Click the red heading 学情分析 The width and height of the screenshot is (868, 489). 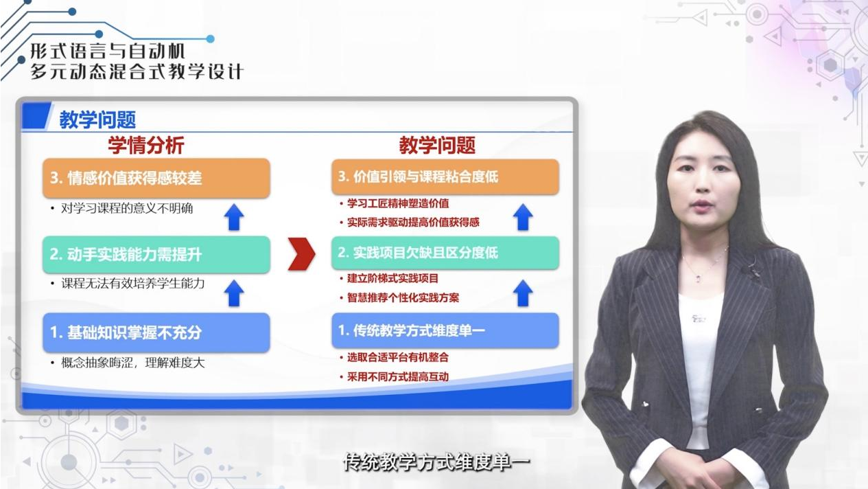point(145,145)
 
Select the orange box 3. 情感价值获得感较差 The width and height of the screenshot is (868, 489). point(156,178)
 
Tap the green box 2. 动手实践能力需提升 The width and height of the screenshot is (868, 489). point(156,254)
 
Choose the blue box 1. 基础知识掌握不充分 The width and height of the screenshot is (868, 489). point(156,332)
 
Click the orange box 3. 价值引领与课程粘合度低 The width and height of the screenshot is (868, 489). point(445,177)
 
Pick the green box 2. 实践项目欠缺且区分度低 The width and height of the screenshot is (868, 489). point(445,253)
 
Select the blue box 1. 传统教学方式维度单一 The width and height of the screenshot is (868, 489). point(445,330)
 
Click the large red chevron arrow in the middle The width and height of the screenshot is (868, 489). point(301,254)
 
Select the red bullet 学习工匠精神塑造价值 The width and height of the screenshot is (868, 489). point(398,203)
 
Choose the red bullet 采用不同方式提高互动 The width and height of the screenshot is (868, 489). point(398,376)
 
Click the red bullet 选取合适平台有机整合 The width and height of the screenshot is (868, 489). point(398,357)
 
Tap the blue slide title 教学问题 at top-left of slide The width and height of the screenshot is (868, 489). point(97,120)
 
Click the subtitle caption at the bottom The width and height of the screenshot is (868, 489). point(436,462)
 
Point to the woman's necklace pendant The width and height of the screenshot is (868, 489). point(699,277)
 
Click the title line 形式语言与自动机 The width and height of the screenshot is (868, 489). point(108,51)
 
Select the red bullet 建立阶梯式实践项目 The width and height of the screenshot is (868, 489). point(392,278)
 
